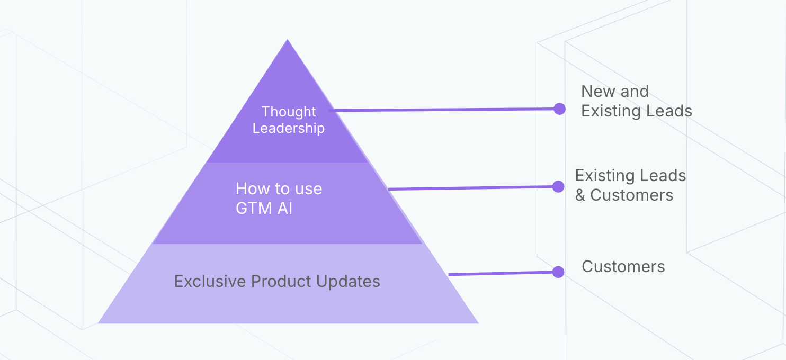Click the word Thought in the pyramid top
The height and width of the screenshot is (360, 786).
coord(289,112)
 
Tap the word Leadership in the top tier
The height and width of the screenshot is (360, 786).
coord(289,128)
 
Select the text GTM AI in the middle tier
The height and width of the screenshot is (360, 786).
coord(264,208)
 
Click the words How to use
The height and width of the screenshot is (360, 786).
coord(279,189)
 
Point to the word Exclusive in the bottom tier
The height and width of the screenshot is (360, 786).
coord(210,282)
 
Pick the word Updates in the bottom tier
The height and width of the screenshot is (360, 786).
coord(348,282)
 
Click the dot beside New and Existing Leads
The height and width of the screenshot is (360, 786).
coord(560,109)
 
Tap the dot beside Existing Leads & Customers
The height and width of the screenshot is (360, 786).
coord(558,187)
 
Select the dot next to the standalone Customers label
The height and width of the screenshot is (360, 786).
coord(558,272)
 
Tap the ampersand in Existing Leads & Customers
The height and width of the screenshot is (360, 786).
coord(580,195)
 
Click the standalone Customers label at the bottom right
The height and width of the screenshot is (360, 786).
coord(623,267)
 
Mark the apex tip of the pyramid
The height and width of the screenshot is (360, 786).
coord(288,40)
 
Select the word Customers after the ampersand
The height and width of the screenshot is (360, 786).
coord(631,195)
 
